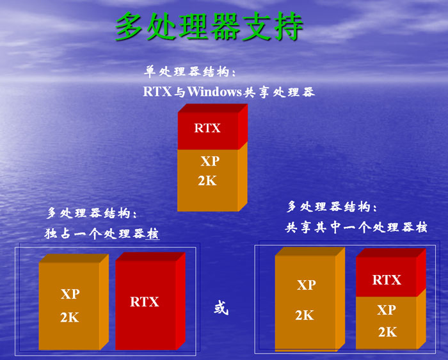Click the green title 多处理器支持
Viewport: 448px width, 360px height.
(209, 27)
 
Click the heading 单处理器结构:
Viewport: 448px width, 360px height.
(189, 72)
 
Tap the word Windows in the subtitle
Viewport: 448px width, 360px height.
(214, 91)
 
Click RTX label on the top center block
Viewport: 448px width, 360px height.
(207, 128)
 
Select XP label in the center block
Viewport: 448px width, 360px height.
(210, 161)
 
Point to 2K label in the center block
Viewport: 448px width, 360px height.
(207, 181)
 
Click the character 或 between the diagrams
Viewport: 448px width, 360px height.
(221, 308)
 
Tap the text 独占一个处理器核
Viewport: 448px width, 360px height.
(102, 233)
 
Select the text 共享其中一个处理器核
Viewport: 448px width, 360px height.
(356, 227)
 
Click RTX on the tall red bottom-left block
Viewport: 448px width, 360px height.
(144, 302)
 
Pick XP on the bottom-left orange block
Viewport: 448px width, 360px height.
(70, 293)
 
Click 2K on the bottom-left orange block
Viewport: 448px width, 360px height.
(70, 317)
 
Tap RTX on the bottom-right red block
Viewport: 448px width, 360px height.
(387, 280)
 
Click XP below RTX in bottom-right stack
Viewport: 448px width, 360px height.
(387, 309)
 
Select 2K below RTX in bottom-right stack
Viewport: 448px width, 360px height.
(388, 332)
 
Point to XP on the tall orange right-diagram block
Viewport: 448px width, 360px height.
(307, 285)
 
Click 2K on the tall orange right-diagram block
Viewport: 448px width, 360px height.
(305, 315)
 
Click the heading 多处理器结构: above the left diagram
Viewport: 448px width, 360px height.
(92, 213)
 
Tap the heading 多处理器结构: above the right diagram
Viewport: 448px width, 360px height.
(332, 207)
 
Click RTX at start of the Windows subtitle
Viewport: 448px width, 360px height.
(157, 91)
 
